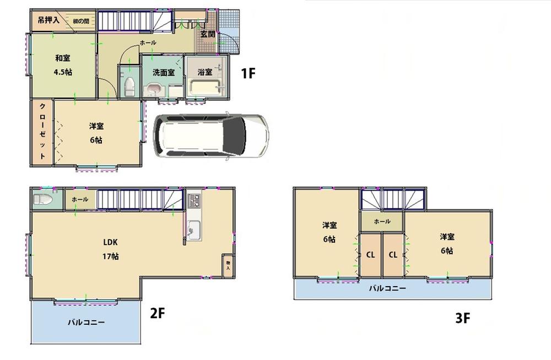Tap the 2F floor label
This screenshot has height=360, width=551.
(x=158, y=314)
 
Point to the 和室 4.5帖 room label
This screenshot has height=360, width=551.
(x=63, y=65)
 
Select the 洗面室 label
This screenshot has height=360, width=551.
(x=164, y=72)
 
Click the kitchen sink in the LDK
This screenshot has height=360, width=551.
(x=195, y=228)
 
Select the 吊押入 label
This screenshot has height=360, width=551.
(x=49, y=21)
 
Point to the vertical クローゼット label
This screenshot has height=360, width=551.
(x=42, y=132)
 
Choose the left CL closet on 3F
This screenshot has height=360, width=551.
(x=371, y=255)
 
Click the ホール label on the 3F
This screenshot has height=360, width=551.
(x=382, y=222)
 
